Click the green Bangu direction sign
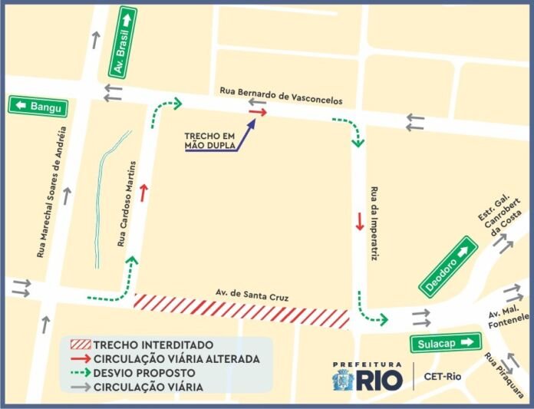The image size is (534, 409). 38,106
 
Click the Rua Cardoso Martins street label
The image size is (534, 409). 127,204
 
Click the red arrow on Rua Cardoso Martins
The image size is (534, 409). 143,193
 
